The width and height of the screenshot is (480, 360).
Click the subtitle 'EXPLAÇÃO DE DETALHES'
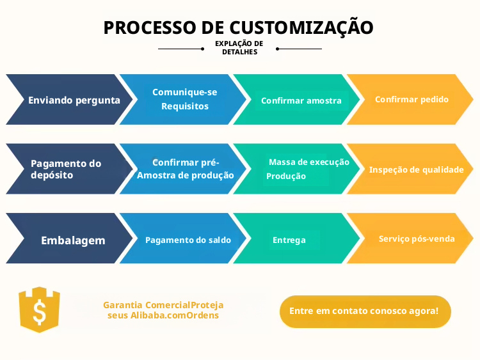(x=239, y=48)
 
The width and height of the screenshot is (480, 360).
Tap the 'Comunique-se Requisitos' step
(x=183, y=99)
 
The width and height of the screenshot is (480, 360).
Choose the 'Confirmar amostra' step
(x=298, y=100)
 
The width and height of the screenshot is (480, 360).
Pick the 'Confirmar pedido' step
(x=411, y=100)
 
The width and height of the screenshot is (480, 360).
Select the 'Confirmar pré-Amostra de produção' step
(x=185, y=169)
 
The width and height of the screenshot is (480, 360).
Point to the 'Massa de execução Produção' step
(x=301, y=169)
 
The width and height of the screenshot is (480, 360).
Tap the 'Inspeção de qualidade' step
(x=415, y=170)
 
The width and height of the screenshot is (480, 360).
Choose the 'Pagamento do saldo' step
(x=187, y=240)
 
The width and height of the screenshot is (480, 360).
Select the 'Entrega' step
(x=289, y=240)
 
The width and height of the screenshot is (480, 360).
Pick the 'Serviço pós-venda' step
(x=416, y=239)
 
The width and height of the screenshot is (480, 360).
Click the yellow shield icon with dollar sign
(x=39, y=309)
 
